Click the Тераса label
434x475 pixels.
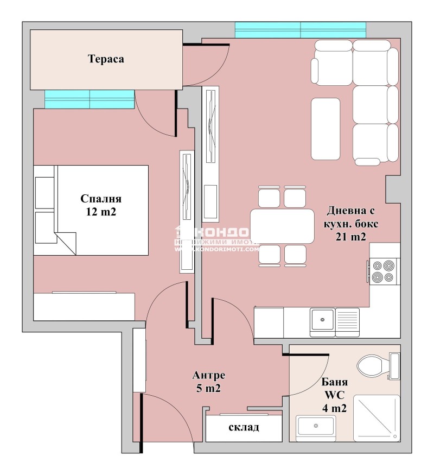[x=106, y=59]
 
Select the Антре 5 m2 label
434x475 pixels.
[x=209, y=382]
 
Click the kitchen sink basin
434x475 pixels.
[x=322, y=320]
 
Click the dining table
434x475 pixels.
[x=283, y=226]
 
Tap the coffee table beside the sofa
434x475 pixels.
[x=325, y=129]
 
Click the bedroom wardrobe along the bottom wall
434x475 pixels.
[x=84, y=307]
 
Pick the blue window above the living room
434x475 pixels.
[x=300, y=30]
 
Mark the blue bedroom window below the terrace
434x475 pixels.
[x=90, y=99]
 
